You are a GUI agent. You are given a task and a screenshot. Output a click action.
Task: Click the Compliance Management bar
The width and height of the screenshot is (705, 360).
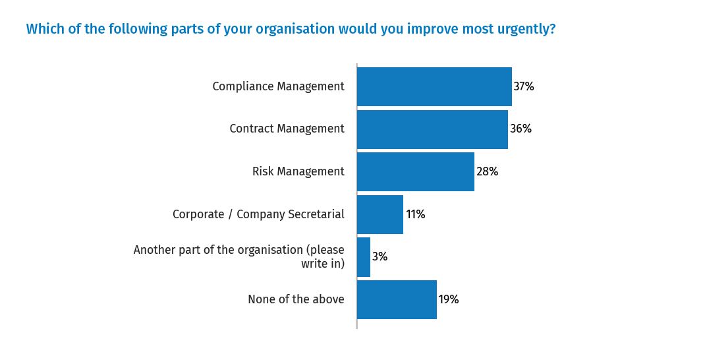click(x=434, y=86)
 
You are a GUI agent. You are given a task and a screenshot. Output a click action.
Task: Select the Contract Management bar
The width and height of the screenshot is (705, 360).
click(x=432, y=129)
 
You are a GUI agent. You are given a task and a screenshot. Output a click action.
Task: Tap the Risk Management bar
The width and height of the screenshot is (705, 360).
click(x=415, y=171)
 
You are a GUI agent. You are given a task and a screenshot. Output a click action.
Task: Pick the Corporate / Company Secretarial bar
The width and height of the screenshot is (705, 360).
click(x=380, y=214)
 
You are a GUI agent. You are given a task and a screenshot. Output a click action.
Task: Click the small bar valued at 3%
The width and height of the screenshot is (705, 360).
click(x=364, y=257)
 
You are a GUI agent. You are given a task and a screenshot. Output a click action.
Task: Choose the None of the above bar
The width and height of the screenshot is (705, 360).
click(x=397, y=299)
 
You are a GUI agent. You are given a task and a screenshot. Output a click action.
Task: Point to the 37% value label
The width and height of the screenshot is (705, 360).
click(x=524, y=86)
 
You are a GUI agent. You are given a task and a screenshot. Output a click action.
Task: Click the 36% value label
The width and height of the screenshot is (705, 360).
click(x=521, y=129)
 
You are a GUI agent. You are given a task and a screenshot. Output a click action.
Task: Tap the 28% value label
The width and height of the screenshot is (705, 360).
click(x=487, y=171)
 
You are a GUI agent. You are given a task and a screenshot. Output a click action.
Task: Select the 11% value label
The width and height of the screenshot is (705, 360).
click(x=415, y=214)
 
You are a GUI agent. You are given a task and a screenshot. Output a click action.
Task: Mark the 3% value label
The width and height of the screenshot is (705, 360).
click(x=380, y=257)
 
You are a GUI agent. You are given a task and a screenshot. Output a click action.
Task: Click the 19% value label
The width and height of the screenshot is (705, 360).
click(x=449, y=299)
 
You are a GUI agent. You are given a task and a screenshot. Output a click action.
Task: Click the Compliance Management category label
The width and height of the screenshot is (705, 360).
click(x=278, y=86)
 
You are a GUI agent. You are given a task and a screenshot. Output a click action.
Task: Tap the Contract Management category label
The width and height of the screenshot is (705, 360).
click(x=287, y=129)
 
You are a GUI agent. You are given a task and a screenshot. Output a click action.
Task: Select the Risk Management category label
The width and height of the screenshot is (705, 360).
click(x=298, y=171)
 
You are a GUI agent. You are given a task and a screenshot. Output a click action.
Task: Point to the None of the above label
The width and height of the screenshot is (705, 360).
click(x=296, y=299)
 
